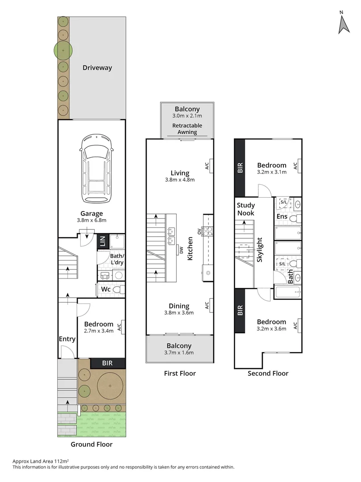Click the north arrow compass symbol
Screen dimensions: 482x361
(x=343, y=23)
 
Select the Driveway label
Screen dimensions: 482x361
(x=97, y=68)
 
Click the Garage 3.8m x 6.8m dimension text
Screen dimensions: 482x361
(x=91, y=220)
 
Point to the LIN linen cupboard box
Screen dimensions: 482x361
(x=103, y=242)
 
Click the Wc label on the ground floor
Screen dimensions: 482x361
(x=105, y=289)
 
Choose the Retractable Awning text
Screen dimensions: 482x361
(x=187, y=129)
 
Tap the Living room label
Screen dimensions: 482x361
(x=180, y=173)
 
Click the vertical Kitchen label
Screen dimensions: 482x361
(x=191, y=249)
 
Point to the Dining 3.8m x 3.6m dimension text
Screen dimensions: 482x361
(x=179, y=313)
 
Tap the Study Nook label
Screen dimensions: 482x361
(x=245, y=209)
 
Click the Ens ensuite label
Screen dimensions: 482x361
(x=282, y=216)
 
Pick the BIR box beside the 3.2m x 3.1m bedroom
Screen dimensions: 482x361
(x=240, y=167)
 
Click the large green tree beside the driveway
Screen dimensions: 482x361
(x=63, y=50)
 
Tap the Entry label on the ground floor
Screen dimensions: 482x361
(x=67, y=339)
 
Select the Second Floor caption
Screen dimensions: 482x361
(x=268, y=374)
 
